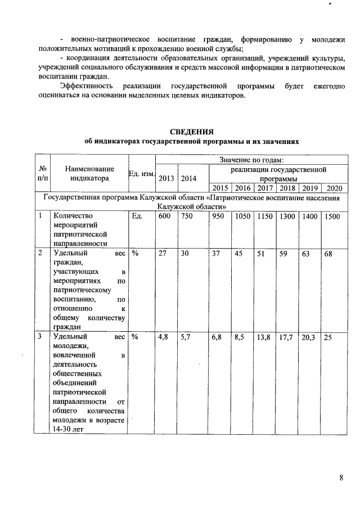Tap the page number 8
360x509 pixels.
point(341,478)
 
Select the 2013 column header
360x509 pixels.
point(166,178)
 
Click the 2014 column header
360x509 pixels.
point(189,178)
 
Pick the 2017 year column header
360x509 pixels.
point(265,188)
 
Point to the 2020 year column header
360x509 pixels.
point(334,188)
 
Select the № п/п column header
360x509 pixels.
point(43,173)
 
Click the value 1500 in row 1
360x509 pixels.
point(332,216)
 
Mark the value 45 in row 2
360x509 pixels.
point(239,254)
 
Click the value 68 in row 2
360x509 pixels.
point(328,254)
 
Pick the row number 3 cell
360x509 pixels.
point(40,337)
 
